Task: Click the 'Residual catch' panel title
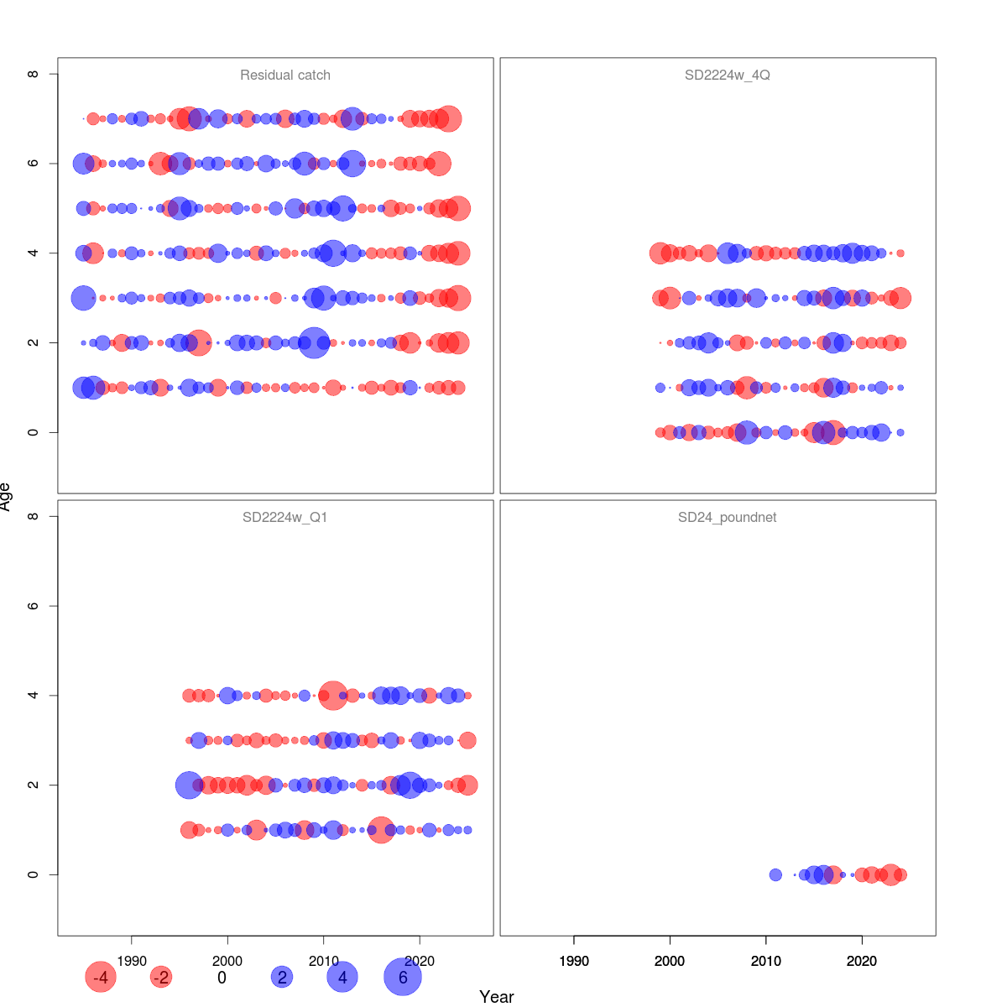[x=285, y=75]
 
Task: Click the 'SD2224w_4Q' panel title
[x=727, y=75]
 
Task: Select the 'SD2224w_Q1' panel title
[x=285, y=517]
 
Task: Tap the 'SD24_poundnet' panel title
[x=727, y=517]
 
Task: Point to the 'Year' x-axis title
[x=496, y=996]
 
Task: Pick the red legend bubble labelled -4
[x=100, y=977]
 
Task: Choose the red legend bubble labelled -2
[x=160, y=977]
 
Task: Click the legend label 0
[x=222, y=977]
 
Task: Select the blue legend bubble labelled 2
[x=282, y=977]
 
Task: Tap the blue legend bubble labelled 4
[x=342, y=977]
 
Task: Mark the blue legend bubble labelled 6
[x=403, y=977]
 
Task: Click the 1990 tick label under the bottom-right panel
[x=574, y=961]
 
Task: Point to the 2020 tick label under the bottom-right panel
[x=862, y=961]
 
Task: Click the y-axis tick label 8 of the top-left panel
[x=34, y=74]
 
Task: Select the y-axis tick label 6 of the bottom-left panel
[x=34, y=606]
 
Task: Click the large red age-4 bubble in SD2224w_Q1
[x=333, y=696]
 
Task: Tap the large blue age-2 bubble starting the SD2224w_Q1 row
[x=189, y=785]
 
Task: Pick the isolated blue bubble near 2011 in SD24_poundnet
[x=775, y=874]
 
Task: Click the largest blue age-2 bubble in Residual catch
[x=314, y=342]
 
